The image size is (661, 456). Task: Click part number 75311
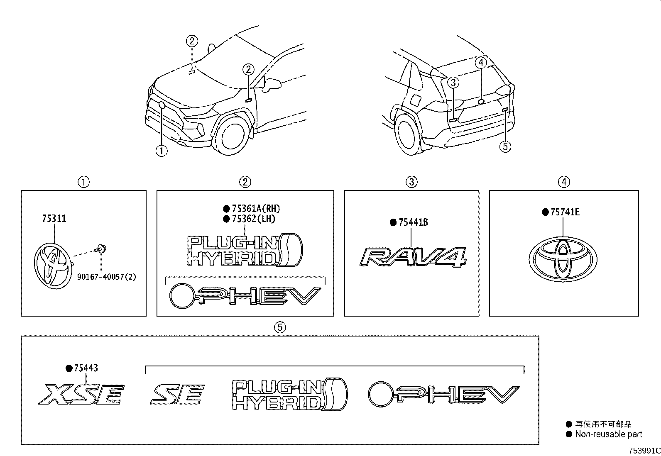[54, 219]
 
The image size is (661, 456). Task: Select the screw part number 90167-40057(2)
[106, 276]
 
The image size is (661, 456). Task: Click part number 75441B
[413, 222]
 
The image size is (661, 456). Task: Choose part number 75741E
[565, 212]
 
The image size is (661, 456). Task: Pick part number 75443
[86, 368]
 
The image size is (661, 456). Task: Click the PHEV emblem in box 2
[245, 296]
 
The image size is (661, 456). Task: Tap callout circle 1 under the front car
[161, 151]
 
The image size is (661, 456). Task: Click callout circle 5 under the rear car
[505, 146]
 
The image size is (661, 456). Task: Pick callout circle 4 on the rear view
[480, 63]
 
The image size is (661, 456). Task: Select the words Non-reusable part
[608, 434]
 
